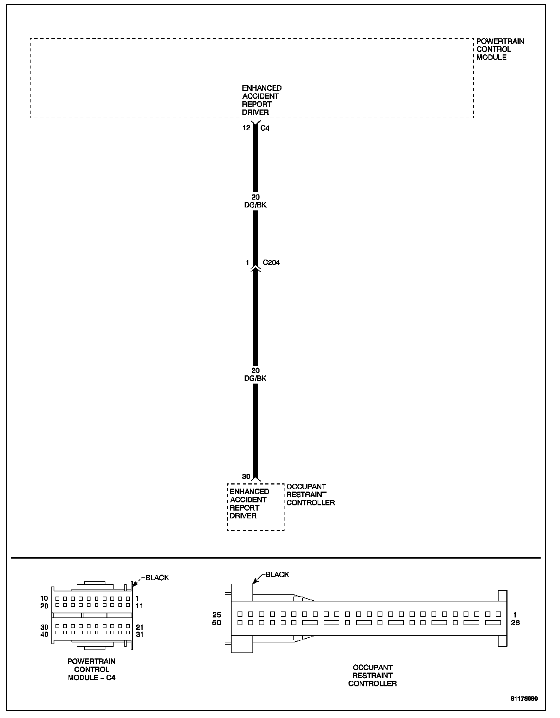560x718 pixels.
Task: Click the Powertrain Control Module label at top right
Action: tap(500, 49)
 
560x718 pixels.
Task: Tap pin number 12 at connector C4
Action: tap(246, 128)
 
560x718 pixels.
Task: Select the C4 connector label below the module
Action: tap(265, 128)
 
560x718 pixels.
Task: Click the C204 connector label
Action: tap(271, 263)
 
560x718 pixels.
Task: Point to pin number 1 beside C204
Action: tap(247, 263)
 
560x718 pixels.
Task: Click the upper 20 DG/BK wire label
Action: tap(255, 201)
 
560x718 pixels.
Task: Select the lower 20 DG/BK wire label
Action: tap(255, 374)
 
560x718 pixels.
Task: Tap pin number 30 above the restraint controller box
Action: tap(246, 476)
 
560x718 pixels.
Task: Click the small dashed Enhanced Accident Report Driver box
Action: tap(255, 507)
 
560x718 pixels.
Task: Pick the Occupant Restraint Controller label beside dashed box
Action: tap(310, 495)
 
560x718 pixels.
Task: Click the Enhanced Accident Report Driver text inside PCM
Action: tap(261, 100)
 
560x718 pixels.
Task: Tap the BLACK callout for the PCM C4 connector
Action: tap(157, 578)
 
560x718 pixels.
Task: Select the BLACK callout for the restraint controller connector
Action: tap(277, 575)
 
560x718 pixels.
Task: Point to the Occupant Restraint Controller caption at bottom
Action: tap(372, 676)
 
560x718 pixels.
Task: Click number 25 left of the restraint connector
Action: tap(217, 614)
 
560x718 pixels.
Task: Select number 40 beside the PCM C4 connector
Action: tap(44, 635)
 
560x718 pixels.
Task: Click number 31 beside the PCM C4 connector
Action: tap(140, 635)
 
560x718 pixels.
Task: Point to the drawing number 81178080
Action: tap(524, 699)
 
